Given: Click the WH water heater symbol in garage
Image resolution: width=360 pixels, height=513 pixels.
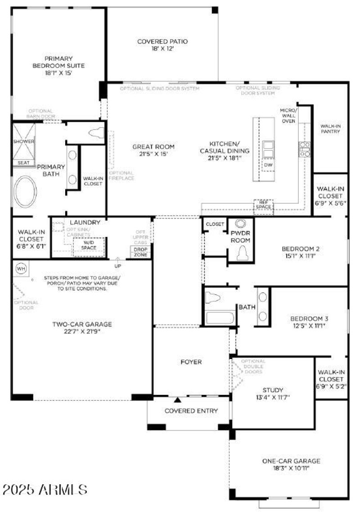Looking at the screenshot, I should tap(21, 269).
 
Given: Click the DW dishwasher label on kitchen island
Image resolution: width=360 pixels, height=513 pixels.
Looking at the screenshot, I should tap(268, 165).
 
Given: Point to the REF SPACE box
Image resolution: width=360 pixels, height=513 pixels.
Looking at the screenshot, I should tap(263, 204).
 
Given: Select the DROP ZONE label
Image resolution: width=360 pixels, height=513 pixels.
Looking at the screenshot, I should tap(139, 252).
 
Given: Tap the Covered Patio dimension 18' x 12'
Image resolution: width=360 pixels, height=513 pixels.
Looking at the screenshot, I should tap(162, 49).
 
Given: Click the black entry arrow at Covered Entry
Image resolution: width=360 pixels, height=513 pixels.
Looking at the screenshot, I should tap(178, 400).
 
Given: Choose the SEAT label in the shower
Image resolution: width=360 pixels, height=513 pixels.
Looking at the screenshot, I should tap(22, 163).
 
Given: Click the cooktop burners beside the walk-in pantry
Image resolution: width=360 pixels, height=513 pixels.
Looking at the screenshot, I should tap(305, 149).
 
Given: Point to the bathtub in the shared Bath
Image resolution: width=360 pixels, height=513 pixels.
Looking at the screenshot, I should tap(220, 318).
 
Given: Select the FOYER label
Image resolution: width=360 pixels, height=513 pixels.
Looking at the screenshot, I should tap(191, 362).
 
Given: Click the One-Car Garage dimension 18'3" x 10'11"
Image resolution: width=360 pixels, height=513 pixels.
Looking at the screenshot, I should tap(291, 468).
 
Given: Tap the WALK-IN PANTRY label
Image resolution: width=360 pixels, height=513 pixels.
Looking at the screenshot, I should tap(330, 129).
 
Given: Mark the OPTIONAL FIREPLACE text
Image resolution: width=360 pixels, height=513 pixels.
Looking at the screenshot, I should tap(121, 175).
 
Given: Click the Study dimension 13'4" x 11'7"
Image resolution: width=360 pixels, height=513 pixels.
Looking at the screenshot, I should tap(273, 397).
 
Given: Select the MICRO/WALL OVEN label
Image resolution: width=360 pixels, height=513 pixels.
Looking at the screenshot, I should tap(288, 115).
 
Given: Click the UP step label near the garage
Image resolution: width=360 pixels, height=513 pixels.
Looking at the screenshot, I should tap(118, 266).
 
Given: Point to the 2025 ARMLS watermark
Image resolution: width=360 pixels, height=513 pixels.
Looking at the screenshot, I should tap(45, 489).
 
